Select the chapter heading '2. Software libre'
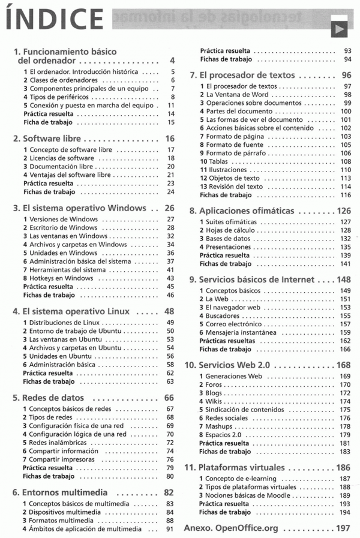[x=47, y=139]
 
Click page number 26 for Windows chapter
[x=169, y=208]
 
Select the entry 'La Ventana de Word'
[x=237, y=95]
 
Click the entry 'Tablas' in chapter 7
[x=215, y=161]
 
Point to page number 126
[x=343, y=211]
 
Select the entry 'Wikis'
[x=214, y=401]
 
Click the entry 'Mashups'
[x=218, y=426]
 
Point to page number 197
[x=343, y=528]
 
